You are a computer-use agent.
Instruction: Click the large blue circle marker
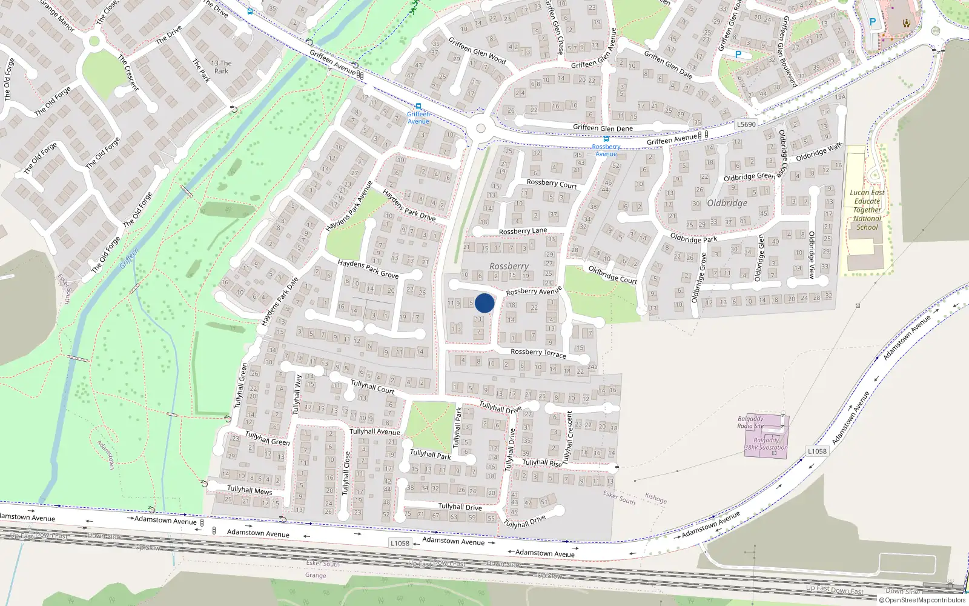click(x=484, y=303)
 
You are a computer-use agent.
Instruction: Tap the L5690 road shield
click(x=746, y=124)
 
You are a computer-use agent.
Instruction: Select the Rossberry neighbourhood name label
click(x=509, y=266)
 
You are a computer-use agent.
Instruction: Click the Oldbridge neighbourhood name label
click(x=727, y=203)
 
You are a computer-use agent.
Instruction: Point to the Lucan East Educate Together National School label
click(x=867, y=210)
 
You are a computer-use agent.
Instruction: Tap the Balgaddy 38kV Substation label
click(x=767, y=444)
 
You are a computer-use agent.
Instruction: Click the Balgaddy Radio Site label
click(x=750, y=422)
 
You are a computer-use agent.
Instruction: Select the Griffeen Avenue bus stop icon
click(x=418, y=106)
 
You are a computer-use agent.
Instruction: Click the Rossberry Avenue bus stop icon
click(x=606, y=139)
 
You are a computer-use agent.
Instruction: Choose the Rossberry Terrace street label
click(x=538, y=353)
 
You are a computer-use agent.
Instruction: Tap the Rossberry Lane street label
click(x=523, y=231)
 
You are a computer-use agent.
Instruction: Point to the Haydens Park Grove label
click(x=368, y=269)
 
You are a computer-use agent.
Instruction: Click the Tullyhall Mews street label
click(x=250, y=490)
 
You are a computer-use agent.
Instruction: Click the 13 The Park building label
click(x=221, y=67)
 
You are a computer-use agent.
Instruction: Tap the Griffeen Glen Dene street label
click(x=603, y=128)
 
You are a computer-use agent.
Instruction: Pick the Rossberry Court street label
click(x=551, y=183)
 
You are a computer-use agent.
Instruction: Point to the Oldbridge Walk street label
click(x=819, y=151)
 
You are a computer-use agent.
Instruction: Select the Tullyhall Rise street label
click(x=542, y=463)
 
